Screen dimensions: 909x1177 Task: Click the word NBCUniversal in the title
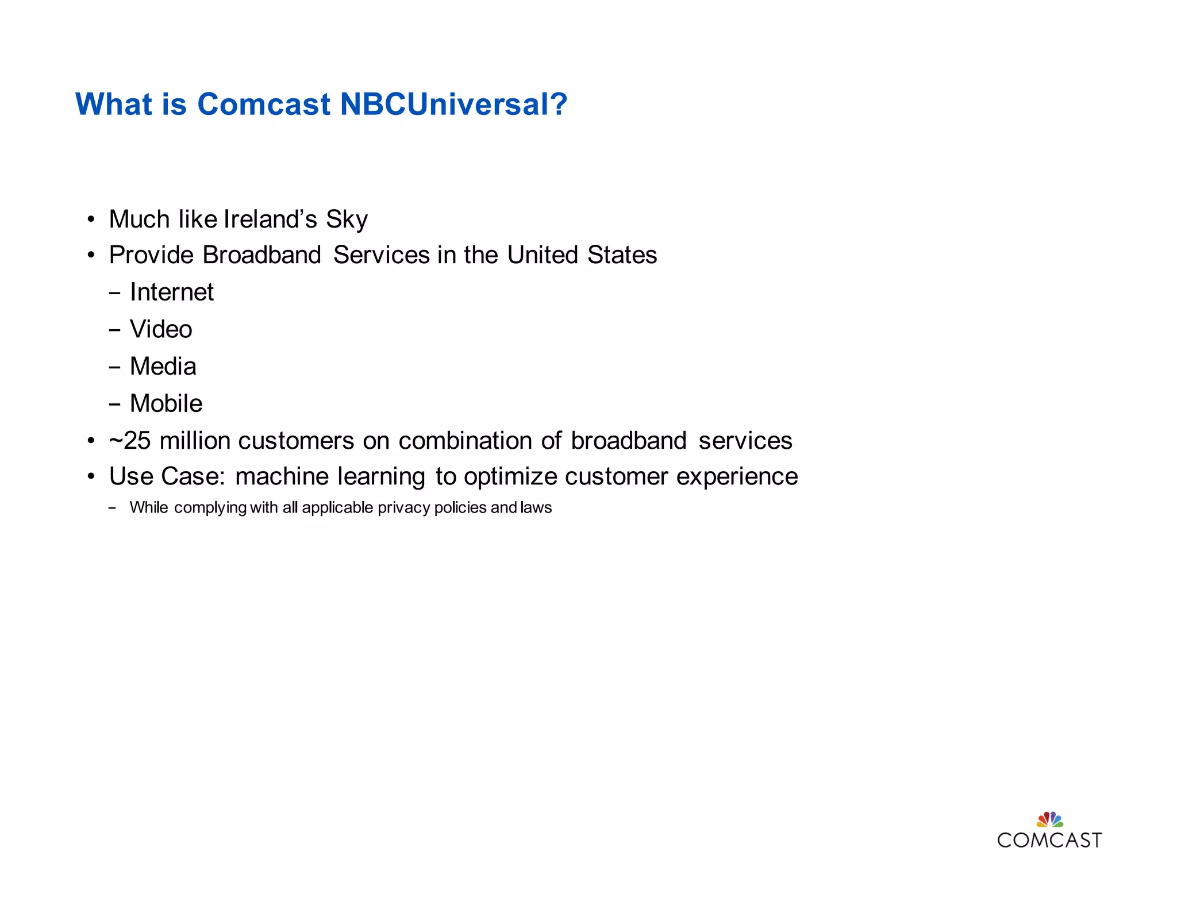453,104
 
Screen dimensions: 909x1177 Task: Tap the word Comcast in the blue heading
264,104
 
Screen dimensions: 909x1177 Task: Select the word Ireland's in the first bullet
270,219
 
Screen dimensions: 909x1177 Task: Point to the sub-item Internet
171,292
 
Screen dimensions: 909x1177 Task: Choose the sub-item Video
161,329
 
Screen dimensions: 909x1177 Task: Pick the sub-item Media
163,367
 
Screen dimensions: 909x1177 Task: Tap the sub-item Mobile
166,403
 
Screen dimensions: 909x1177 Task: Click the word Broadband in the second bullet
261,255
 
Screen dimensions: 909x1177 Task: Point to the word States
622,255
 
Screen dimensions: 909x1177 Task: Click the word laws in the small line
536,508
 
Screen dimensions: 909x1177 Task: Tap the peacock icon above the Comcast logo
1049,819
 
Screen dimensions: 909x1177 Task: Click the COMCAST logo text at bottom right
1049,841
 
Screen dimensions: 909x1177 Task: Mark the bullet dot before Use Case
91,476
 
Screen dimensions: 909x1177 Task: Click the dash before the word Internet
114,293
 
